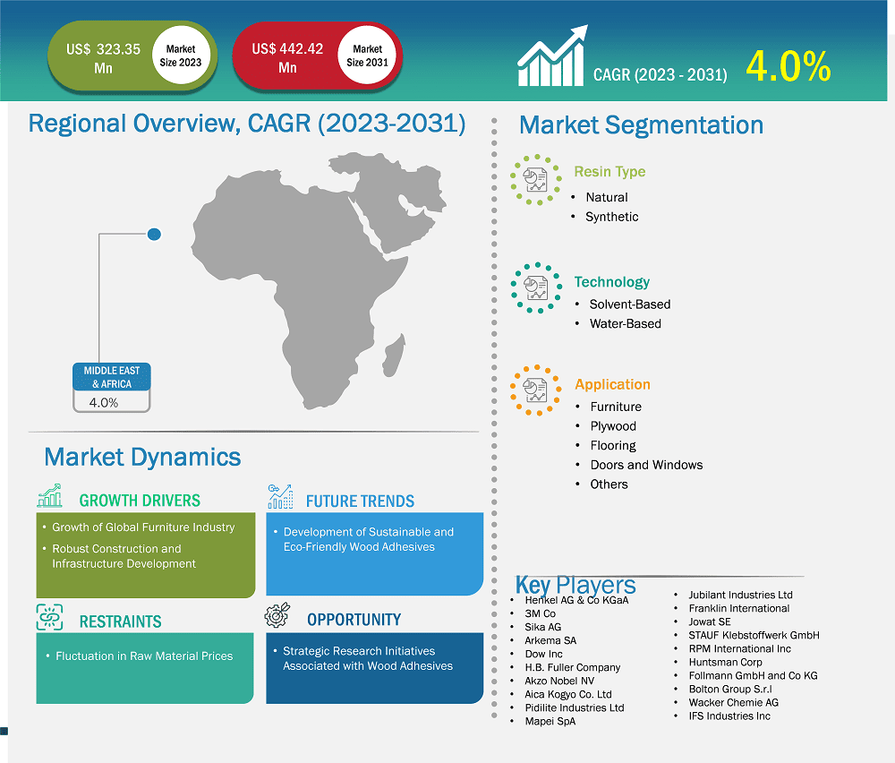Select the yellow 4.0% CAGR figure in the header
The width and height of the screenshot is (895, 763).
[788, 68]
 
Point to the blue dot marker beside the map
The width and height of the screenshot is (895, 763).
[154, 235]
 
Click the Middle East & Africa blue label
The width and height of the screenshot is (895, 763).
[112, 377]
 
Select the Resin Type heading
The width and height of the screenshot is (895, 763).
[609, 172]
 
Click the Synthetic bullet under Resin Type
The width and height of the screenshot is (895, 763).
[612, 217]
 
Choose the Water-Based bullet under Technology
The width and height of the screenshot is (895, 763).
[625, 323]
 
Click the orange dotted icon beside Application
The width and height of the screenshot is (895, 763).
[536, 390]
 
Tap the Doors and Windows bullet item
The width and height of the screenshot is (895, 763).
[646, 465]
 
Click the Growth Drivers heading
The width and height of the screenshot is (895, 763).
[140, 501]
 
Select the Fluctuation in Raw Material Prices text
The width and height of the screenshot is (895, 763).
[144, 656]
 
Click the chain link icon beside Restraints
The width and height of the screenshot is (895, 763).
[49, 617]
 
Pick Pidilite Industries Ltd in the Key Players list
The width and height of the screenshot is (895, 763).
[574, 707]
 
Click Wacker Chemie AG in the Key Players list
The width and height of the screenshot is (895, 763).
[733, 702]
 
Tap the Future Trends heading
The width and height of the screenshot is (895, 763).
[360, 501]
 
